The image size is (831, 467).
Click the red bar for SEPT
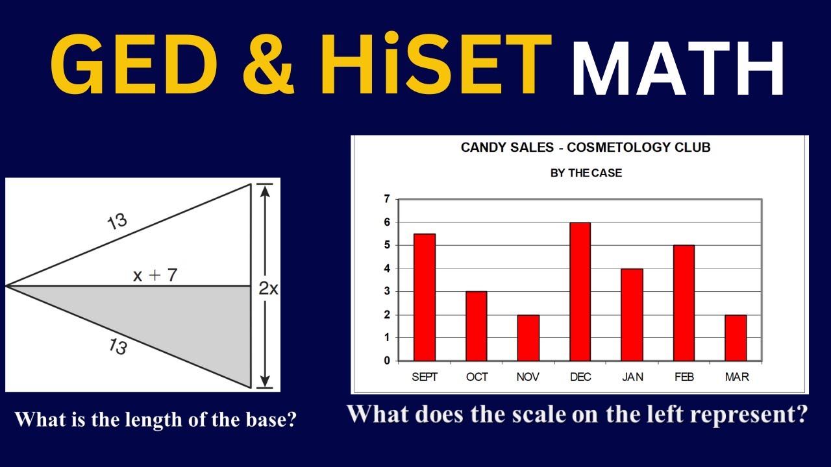pyautogui.click(x=424, y=297)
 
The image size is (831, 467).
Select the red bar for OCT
pyautogui.click(x=476, y=326)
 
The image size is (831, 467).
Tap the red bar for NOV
pyautogui.click(x=528, y=337)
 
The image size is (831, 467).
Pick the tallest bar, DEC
pyautogui.click(x=580, y=292)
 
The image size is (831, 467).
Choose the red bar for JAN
pyautogui.click(x=632, y=315)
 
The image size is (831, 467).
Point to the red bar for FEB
pyautogui.click(x=684, y=303)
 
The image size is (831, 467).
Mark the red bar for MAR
pyautogui.click(x=736, y=337)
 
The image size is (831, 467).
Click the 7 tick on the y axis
pyautogui.click(x=387, y=199)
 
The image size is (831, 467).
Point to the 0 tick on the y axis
pyautogui.click(x=387, y=361)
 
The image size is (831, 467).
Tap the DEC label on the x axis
pyautogui.click(x=580, y=377)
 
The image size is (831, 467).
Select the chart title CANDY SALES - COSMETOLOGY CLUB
pyautogui.click(x=586, y=148)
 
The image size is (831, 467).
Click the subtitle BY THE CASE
pyautogui.click(x=586, y=173)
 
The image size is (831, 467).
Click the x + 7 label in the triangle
pyautogui.click(x=155, y=275)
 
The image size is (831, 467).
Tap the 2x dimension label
pyautogui.click(x=268, y=289)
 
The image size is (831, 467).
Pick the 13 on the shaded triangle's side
pyautogui.click(x=118, y=347)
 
